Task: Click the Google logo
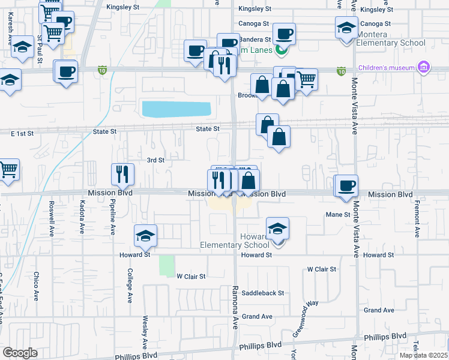point(20,353)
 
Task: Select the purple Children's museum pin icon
point(424,67)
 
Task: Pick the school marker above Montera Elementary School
point(346,28)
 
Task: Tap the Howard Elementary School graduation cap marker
point(277,229)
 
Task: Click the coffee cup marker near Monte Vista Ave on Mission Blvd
point(346,186)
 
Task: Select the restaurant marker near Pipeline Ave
point(122,174)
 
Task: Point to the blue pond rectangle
point(176,109)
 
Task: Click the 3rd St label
point(155,160)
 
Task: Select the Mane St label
point(337,214)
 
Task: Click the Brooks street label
point(247,95)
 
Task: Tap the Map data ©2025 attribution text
point(424,355)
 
